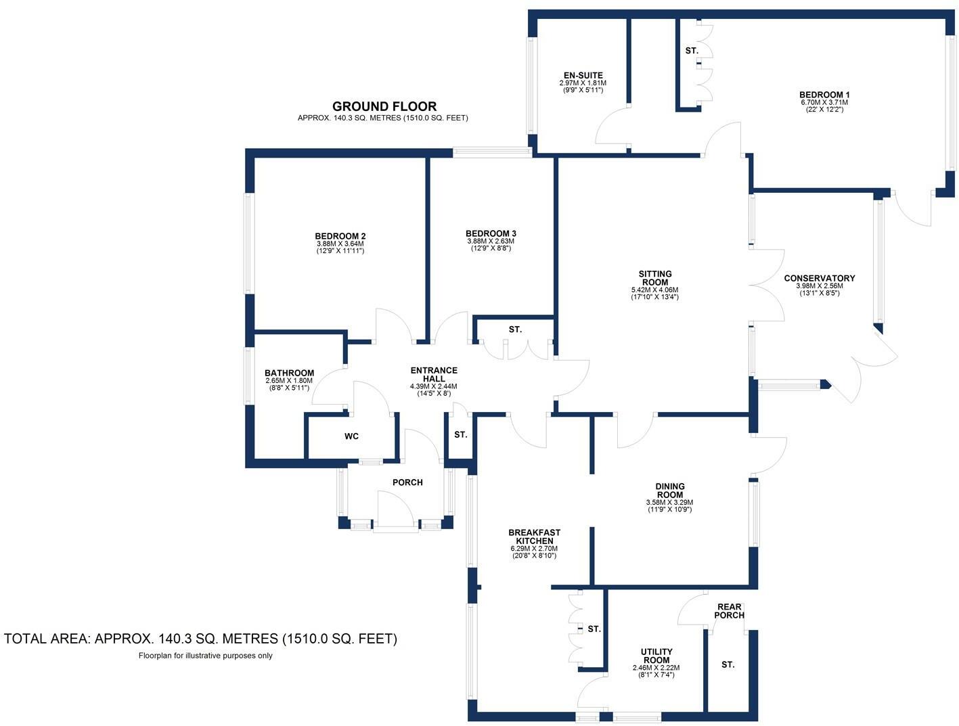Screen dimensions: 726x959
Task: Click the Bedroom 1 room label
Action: [824, 95]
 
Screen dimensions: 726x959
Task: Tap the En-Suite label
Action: [583, 75]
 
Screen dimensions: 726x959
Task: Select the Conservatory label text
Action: [819, 278]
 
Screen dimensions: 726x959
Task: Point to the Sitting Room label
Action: [654, 278]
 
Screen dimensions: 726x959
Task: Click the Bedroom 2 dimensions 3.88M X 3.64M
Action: [340, 244]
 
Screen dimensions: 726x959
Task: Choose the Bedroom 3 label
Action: [491, 233]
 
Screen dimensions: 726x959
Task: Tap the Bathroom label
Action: [289, 373]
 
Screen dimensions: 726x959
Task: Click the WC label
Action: [351, 436]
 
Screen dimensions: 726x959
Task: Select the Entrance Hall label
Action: [434, 374]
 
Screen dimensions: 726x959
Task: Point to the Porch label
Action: [407, 482]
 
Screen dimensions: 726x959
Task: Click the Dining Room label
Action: [669, 490]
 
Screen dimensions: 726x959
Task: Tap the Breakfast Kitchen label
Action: [534, 537]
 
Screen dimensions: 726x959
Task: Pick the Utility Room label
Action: [656, 656]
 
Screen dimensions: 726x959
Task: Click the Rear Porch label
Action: [729, 611]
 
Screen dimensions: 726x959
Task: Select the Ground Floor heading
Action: [384, 106]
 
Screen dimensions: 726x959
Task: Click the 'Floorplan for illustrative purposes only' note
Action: [205, 655]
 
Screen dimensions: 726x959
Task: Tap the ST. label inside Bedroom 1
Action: [691, 51]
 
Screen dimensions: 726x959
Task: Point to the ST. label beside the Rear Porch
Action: [728, 665]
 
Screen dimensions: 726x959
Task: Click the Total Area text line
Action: [200, 638]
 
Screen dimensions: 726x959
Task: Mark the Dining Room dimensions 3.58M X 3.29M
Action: [669, 503]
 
